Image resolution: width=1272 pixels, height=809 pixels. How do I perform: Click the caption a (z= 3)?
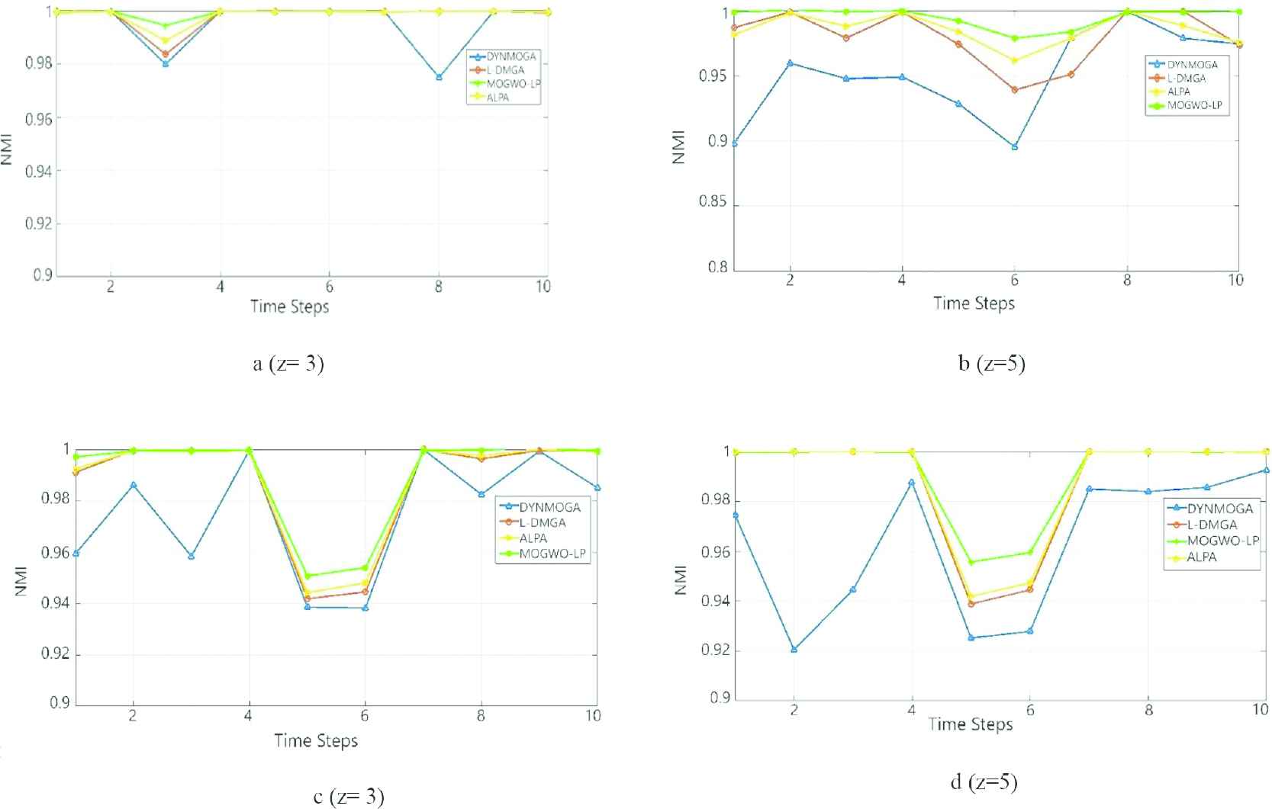coord(288,364)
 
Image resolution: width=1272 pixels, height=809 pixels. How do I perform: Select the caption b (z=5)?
coord(991,363)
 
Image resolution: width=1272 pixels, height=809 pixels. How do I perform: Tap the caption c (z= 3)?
coord(349,797)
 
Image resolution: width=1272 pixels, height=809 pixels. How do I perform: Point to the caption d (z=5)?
coord(984,782)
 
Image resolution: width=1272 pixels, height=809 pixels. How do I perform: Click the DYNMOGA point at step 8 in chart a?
coord(439,77)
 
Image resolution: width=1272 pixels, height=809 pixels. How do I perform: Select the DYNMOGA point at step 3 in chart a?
coord(166,63)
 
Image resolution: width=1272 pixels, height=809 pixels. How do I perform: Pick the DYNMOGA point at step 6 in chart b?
coord(1014,146)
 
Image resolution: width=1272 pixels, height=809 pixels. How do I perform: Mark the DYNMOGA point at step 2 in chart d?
coord(794,650)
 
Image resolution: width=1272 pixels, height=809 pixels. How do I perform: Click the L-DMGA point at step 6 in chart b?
coord(1014,90)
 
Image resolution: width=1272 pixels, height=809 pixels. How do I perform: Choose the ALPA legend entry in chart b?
coord(1178,92)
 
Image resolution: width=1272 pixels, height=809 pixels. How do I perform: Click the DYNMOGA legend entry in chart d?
coord(1219,509)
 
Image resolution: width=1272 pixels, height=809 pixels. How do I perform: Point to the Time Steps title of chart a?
coord(289,307)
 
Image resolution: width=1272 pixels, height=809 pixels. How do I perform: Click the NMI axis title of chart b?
coord(678,147)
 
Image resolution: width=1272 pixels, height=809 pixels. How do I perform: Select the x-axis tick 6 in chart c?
coord(365,716)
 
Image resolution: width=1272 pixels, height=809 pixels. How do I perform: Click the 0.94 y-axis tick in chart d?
coord(714,602)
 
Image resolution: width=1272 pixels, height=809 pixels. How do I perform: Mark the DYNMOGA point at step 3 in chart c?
coord(191,556)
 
